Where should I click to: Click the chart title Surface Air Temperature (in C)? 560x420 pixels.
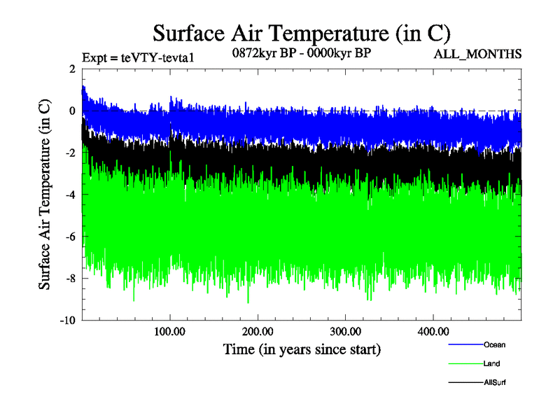click(301, 34)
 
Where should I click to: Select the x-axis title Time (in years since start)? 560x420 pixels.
click(302, 348)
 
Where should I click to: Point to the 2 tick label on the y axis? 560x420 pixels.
click(72, 69)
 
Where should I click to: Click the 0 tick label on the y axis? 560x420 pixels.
click(72, 111)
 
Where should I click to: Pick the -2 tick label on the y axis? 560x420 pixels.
click(69, 153)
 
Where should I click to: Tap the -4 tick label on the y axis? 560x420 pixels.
click(69, 195)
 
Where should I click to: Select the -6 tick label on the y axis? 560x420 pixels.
click(69, 237)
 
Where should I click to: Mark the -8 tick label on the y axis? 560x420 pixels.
click(69, 279)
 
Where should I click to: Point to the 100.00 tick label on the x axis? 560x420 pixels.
click(170, 330)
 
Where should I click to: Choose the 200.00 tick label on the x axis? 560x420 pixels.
click(258, 330)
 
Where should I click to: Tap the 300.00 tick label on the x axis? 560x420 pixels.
click(346, 330)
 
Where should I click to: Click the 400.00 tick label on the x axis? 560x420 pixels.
click(433, 330)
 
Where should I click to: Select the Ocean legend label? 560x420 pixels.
click(494, 344)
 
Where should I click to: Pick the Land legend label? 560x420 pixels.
click(492, 363)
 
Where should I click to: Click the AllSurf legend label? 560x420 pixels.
click(496, 382)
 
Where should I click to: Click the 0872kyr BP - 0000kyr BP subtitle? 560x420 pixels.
click(301, 52)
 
